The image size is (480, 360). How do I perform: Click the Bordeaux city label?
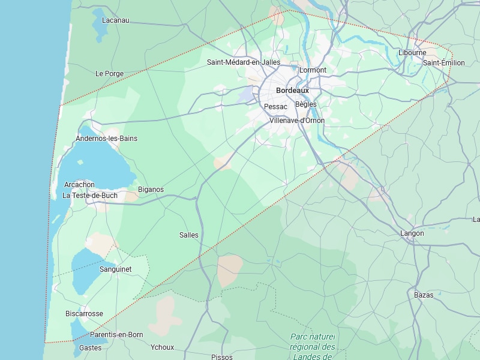[x=292, y=90]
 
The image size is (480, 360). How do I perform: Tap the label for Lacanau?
[x=116, y=20]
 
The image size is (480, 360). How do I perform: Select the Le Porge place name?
[x=109, y=74]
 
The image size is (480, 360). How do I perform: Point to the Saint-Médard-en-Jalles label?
[x=244, y=62]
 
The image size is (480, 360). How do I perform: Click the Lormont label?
[x=313, y=70]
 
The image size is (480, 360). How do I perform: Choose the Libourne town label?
[x=412, y=53]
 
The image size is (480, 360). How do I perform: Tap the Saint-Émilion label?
[x=443, y=62]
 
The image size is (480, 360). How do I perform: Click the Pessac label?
[x=275, y=106]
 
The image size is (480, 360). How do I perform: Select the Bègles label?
[x=305, y=104]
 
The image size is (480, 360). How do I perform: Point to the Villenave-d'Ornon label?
[x=297, y=120]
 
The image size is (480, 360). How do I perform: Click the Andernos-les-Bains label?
[x=106, y=139]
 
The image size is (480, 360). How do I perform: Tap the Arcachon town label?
[x=79, y=185]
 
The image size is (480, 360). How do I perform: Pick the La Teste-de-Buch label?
[x=90, y=195]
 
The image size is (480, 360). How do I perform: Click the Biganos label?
[x=151, y=190]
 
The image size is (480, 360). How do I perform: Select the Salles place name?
[x=188, y=235]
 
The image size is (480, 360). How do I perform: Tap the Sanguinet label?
[x=115, y=269]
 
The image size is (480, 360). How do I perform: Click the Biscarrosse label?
[x=84, y=314]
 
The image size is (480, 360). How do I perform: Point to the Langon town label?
[x=412, y=233]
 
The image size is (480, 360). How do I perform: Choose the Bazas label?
[x=424, y=295]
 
